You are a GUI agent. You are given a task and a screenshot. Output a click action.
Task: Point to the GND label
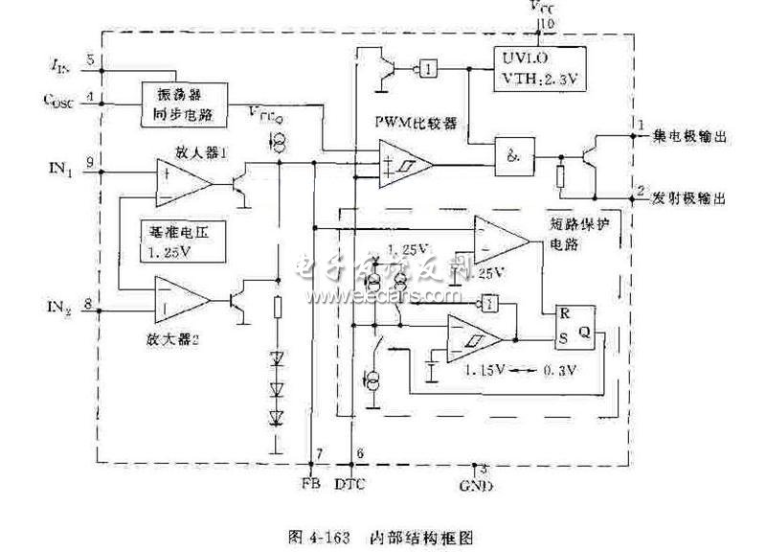tap(476, 484)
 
